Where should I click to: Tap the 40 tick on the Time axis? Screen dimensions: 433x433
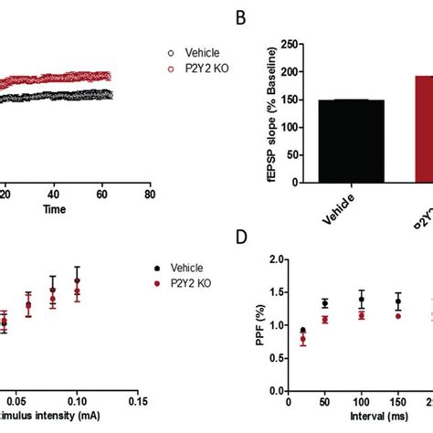click(54, 194)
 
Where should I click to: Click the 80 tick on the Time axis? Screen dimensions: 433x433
click(149, 194)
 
